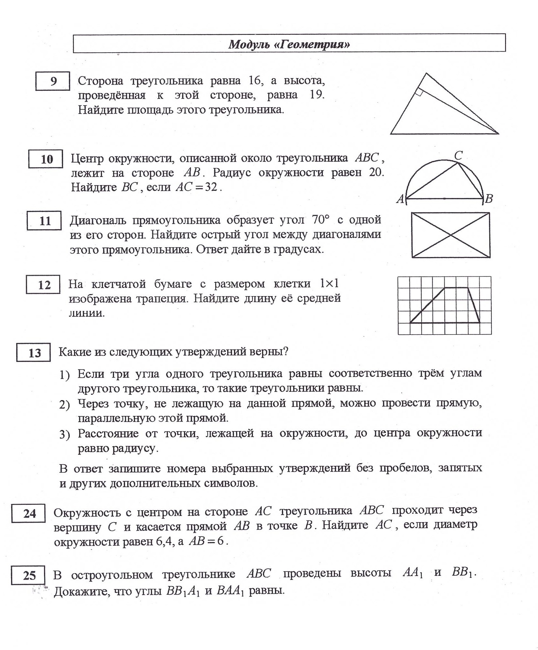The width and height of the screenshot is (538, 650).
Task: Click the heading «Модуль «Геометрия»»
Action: (289, 44)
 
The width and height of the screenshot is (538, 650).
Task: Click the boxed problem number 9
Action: (53, 81)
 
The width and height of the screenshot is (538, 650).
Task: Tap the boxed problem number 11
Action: (45, 221)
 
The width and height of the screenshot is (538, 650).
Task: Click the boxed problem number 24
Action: (29, 513)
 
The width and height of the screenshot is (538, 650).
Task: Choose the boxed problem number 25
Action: (29, 575)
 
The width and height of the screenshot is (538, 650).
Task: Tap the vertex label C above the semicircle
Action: (459, 156)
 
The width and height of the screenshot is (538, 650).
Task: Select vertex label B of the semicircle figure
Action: (489, 199)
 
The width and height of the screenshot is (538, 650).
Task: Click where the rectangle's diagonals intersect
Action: (451, 235)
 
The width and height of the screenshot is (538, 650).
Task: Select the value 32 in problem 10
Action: (211, 187)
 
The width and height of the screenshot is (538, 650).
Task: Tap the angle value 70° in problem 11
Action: (321, 220)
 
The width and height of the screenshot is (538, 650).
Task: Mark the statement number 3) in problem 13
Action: (64, 435)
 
